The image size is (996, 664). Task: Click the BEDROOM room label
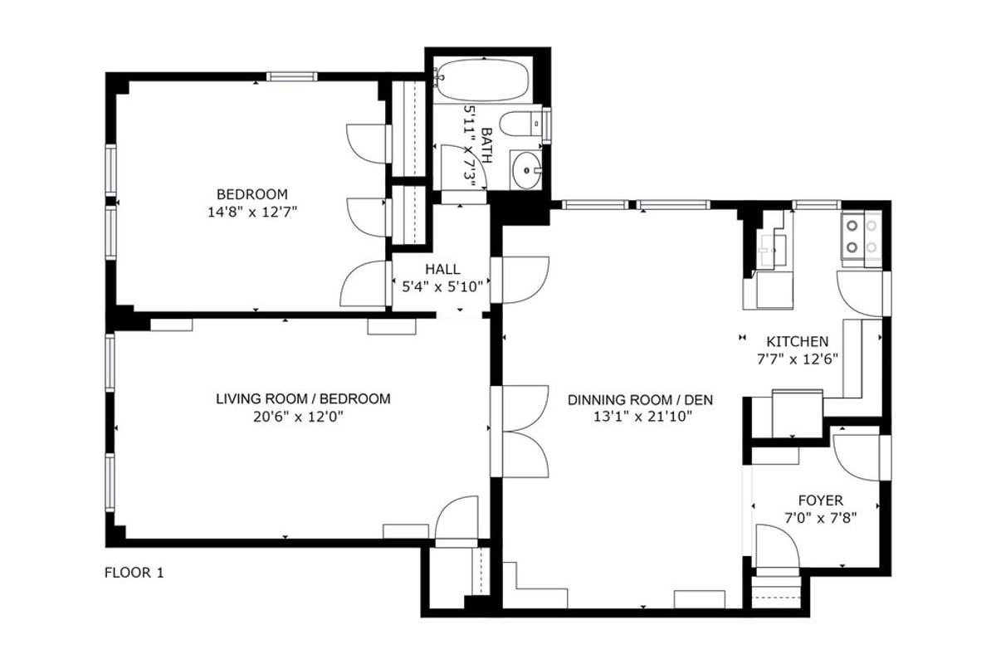click(x=252, y=194)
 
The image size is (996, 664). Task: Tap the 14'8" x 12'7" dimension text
click(x=252, y=212)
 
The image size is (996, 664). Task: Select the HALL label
click(x=442, y=269)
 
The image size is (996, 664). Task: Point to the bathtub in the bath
click(x=482, y=81)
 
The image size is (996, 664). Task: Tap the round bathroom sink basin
click(x=526, y=170)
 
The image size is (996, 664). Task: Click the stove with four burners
click(x=862, y=237)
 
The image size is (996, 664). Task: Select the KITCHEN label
click(x=798, y=342)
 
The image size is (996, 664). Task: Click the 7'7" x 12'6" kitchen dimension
click(x=798, y=359)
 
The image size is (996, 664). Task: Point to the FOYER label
click(x=820, y=500)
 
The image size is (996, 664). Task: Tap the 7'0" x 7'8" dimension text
click(x=820, y=518)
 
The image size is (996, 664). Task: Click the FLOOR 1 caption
click(x=134, y=573)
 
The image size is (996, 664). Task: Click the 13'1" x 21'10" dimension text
click(x=643, y=417)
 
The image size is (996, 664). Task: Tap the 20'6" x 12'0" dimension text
click(x=298, y=417)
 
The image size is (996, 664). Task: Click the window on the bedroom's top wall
click(x=292, y=76)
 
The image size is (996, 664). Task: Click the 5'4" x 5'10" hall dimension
click(x=442, y=287)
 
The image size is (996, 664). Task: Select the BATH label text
click(x=487, y=145)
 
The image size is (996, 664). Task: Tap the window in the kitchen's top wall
click(x=817, y=205)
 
